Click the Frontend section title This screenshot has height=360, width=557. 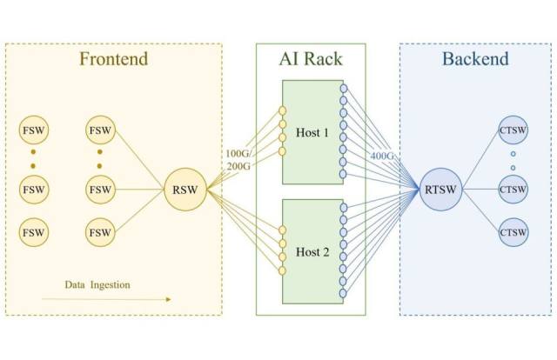click(x=114, y=60)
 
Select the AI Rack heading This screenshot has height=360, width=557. click(x=311, y=60)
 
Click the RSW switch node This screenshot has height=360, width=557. click(x=185, y=190)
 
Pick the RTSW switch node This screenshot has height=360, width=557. click(x=440, y=190)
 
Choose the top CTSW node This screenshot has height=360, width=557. click(x=513, y=131)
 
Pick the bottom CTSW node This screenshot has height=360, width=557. click(x=513, y=232)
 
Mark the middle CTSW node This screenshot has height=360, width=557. click(x=513, y=190)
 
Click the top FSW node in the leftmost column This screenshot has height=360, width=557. click(x=33, y=131)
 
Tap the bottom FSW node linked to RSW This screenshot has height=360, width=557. click(x=101, y=232)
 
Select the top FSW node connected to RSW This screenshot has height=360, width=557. click(x=101, y=131)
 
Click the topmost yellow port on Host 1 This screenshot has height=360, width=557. click(x=281, y=111)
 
